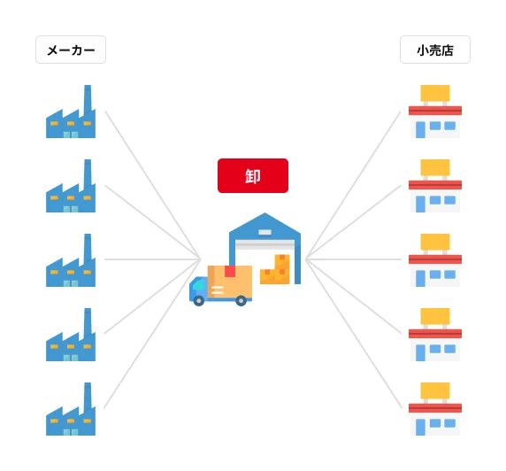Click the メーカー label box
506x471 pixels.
71,50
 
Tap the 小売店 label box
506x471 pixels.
435,50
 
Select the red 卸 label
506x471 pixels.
253,175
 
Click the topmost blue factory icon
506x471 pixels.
71,112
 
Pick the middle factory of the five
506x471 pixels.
71,260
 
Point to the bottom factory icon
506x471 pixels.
71,409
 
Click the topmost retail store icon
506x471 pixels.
435,112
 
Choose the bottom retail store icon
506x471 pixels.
435,409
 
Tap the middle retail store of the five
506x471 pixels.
435,260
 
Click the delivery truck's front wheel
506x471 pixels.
199,301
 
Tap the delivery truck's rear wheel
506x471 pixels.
241,301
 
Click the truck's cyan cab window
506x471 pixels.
199,285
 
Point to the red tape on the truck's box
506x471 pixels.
230,272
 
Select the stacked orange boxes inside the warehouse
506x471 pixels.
275,269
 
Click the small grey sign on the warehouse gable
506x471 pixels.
264,232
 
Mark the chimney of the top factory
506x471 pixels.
88,98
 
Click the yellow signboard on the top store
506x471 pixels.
435,93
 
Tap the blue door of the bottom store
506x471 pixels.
420,427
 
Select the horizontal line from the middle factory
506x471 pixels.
152,259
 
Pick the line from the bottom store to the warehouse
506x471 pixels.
354,334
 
